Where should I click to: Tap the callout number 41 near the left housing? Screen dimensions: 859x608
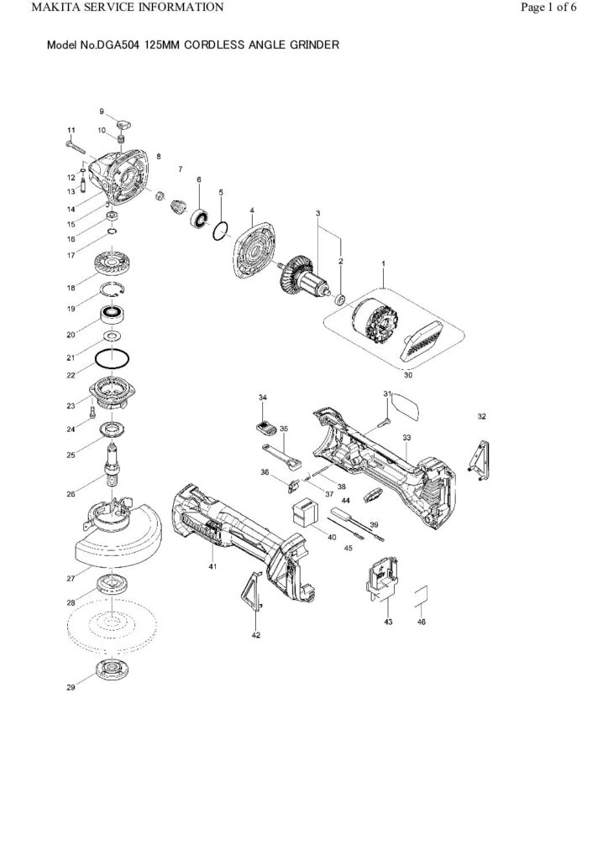(x=212, y=567)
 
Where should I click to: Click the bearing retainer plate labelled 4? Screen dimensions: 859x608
(x=251, y=247)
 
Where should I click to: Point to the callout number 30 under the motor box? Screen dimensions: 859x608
(x=409, y=376)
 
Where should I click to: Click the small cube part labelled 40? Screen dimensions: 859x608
(x=303, y=512)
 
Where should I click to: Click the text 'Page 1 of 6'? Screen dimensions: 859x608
(x=548, y=8)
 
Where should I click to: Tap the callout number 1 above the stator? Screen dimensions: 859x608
(x=384, y=263)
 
